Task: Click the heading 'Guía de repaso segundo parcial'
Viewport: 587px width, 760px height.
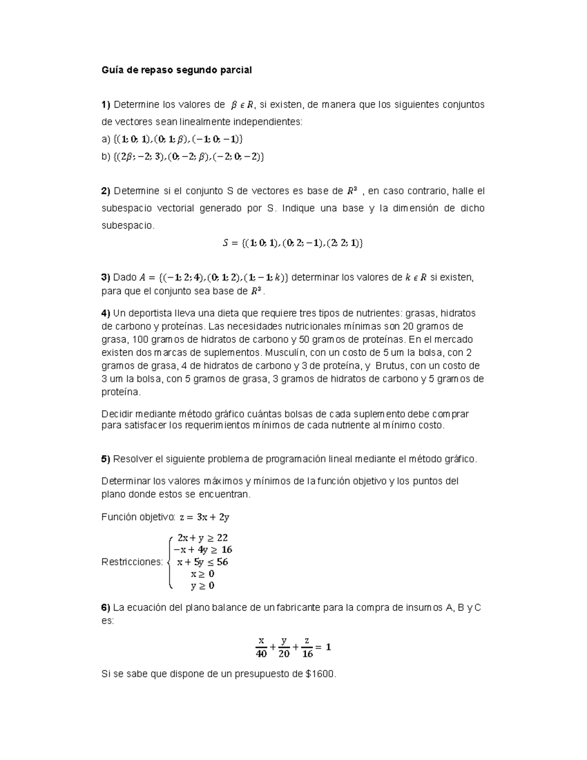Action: tap(176, 70)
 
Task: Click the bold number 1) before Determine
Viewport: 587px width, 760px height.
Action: tap(106, 105)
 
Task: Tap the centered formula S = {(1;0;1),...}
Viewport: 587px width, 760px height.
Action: tap(293, 243)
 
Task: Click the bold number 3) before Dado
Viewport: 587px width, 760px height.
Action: tap(106, 277)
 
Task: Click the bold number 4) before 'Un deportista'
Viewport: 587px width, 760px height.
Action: tap(106, 313)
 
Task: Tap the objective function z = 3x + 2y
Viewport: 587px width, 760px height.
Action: tap(204, 517)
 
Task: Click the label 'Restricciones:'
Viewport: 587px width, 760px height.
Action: tap(132, 562)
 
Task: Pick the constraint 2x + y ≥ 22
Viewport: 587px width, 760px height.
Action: tap(203, 538)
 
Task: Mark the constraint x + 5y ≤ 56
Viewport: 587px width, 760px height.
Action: tap(203, 562)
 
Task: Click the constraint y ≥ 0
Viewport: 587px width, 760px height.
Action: tap(203, 586)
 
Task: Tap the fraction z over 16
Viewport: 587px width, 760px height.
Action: tap(307, 647)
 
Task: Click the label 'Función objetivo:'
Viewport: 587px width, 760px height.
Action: tap(138, 517)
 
